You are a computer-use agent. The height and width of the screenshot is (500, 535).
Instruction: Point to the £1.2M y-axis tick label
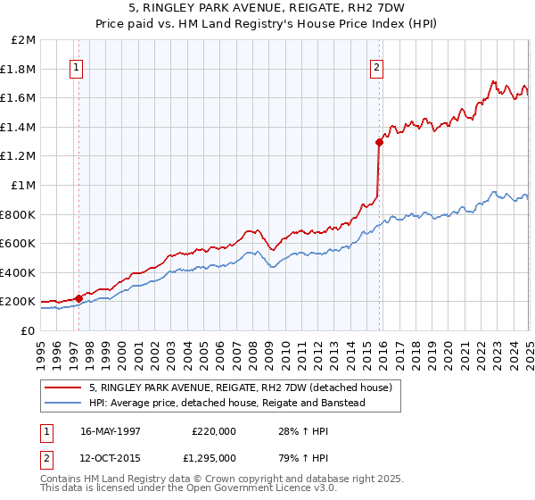20,156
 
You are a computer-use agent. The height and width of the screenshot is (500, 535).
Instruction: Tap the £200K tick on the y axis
20,302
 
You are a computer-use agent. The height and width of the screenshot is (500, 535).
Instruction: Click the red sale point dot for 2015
379,142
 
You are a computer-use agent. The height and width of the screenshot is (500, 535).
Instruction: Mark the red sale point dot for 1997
78,298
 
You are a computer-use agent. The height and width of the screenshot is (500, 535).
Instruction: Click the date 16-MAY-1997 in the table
111,430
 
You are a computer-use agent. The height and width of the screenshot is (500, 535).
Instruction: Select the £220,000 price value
213,430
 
